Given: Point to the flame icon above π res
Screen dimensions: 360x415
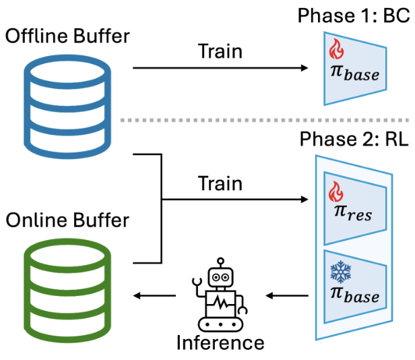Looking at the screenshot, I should (335, 193).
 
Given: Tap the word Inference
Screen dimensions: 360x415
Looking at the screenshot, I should (220, 343).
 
